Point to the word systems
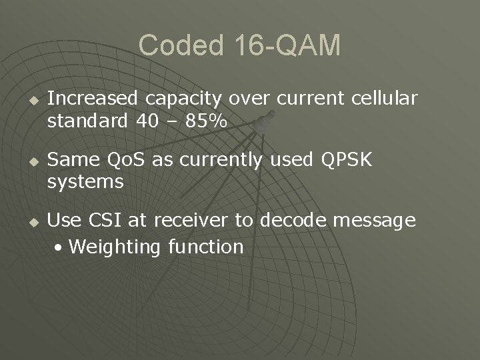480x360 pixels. [x=85, y=183]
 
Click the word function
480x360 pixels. [x=206, y=247]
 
